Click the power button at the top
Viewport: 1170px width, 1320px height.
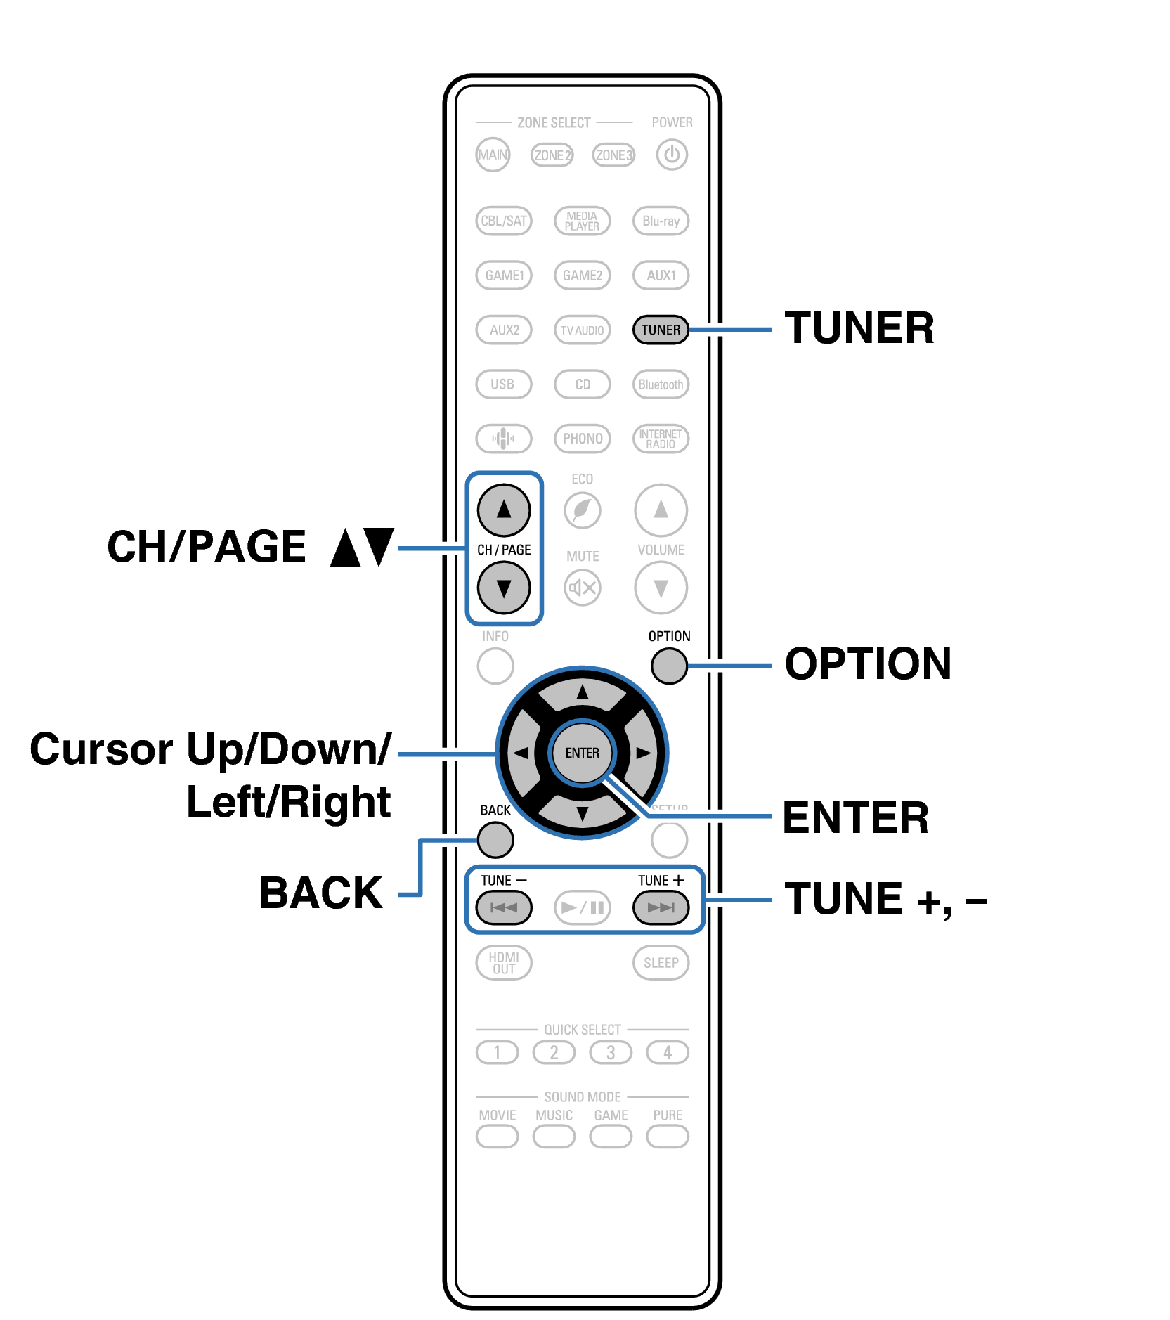[672, 155]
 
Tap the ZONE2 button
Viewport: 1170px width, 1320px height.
[552, 155]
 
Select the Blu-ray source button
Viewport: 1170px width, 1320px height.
[661, 221]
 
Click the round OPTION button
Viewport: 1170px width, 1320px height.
[669, 666]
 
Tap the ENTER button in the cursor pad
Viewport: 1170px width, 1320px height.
[583, 753]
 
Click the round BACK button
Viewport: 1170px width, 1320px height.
[495, 839]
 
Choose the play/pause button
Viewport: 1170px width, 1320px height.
[583, 907]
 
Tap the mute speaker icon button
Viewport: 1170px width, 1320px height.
[583, 588]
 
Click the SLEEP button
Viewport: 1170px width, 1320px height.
[661, 963]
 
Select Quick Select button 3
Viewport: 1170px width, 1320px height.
[611, 1052]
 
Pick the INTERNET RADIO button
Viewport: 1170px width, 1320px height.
[661, 439]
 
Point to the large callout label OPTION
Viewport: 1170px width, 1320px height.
[868, 664]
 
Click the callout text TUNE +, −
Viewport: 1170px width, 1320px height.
[885, 899]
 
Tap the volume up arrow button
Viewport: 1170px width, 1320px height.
[661, 510]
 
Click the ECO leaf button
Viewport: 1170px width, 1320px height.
[583, 510]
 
